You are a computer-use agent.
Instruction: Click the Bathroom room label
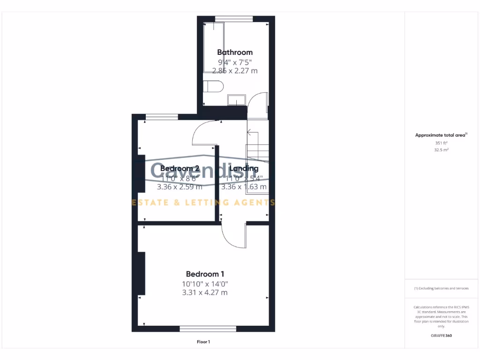point(235,52)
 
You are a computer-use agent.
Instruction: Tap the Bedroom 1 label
point(205,274)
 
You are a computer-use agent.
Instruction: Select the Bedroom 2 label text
point(180,168)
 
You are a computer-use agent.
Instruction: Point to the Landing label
point(243,168)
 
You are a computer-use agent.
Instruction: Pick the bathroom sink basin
point(237,99)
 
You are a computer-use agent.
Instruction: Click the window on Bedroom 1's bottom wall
point(208,329)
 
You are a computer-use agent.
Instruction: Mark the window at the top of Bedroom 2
point(162,117)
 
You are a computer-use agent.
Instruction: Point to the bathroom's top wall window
point(234,19)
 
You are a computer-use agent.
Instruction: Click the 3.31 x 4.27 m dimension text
point(205,292)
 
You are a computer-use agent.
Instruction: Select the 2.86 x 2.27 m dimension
point(235,71)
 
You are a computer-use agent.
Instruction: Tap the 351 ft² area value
point(441,143)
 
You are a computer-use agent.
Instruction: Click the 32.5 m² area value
point(441,150)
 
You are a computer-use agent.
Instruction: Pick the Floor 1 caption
point(203,342)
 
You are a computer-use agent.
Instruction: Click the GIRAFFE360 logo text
point(441,336)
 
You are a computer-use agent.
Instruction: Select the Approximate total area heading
point(441,135)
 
